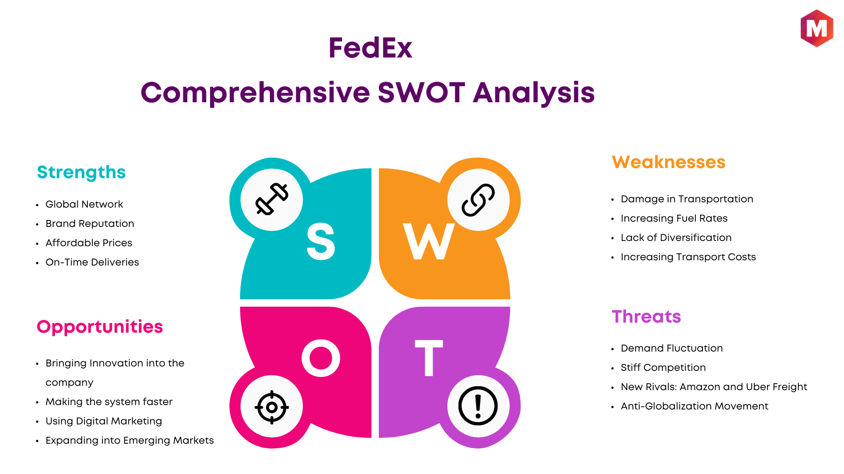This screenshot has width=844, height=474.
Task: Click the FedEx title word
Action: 370,48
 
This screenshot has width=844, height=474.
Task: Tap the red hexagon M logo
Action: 817,28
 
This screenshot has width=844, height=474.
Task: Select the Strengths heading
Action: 81,172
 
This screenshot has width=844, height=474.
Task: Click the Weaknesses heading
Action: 669,162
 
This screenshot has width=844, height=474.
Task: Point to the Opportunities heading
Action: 100,327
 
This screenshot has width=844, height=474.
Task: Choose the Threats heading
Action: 646,316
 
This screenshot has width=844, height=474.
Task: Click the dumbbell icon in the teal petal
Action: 272,199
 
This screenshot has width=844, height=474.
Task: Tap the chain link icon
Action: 478,200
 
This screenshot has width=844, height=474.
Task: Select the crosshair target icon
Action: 272,407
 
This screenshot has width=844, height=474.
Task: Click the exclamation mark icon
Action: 478,406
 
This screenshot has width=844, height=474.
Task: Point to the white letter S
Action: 321,241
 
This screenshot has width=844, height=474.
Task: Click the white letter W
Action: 429,241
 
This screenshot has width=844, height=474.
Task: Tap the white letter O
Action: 321,358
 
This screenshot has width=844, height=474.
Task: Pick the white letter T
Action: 429,358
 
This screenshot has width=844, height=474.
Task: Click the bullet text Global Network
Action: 84,204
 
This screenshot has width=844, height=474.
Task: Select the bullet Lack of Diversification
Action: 676,237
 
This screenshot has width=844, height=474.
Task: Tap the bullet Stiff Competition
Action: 663,368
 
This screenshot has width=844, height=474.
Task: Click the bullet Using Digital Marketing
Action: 104,421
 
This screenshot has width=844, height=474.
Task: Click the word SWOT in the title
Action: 421,93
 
